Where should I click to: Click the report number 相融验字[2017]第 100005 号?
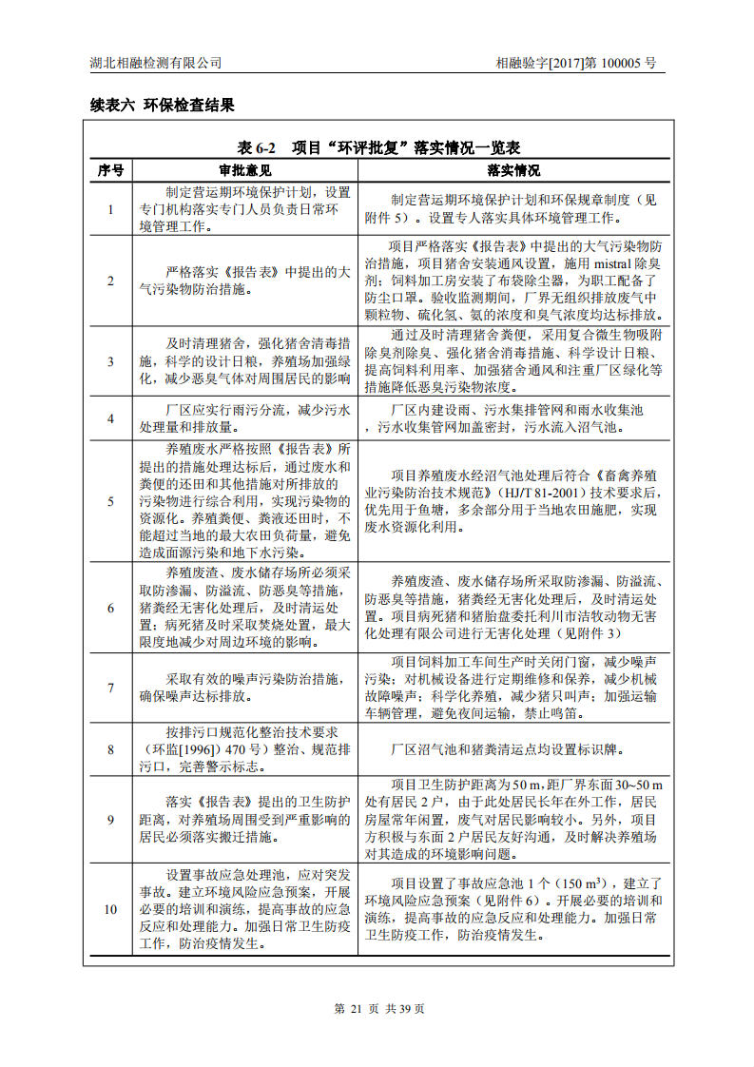(x=575, y=63)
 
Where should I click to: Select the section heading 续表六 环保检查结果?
(x=156, y=105)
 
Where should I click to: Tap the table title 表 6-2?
(x=257, y=148)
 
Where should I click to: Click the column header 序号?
(x=110, y=170)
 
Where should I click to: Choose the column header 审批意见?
(x=245, y=170)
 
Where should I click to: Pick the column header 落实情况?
(x=513, y=170)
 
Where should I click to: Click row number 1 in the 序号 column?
(x=110, y=209)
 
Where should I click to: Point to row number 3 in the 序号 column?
(x=110, y=361)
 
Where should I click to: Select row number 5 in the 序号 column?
(x=110, y=500)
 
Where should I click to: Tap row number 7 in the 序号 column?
(x=110, y=688)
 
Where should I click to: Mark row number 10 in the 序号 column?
(x=110, y=909)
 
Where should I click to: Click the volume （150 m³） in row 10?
(x=585, y=883)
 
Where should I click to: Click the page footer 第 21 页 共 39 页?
(x=379, y=1009)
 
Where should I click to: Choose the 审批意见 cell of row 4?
(x=245, y=418)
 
